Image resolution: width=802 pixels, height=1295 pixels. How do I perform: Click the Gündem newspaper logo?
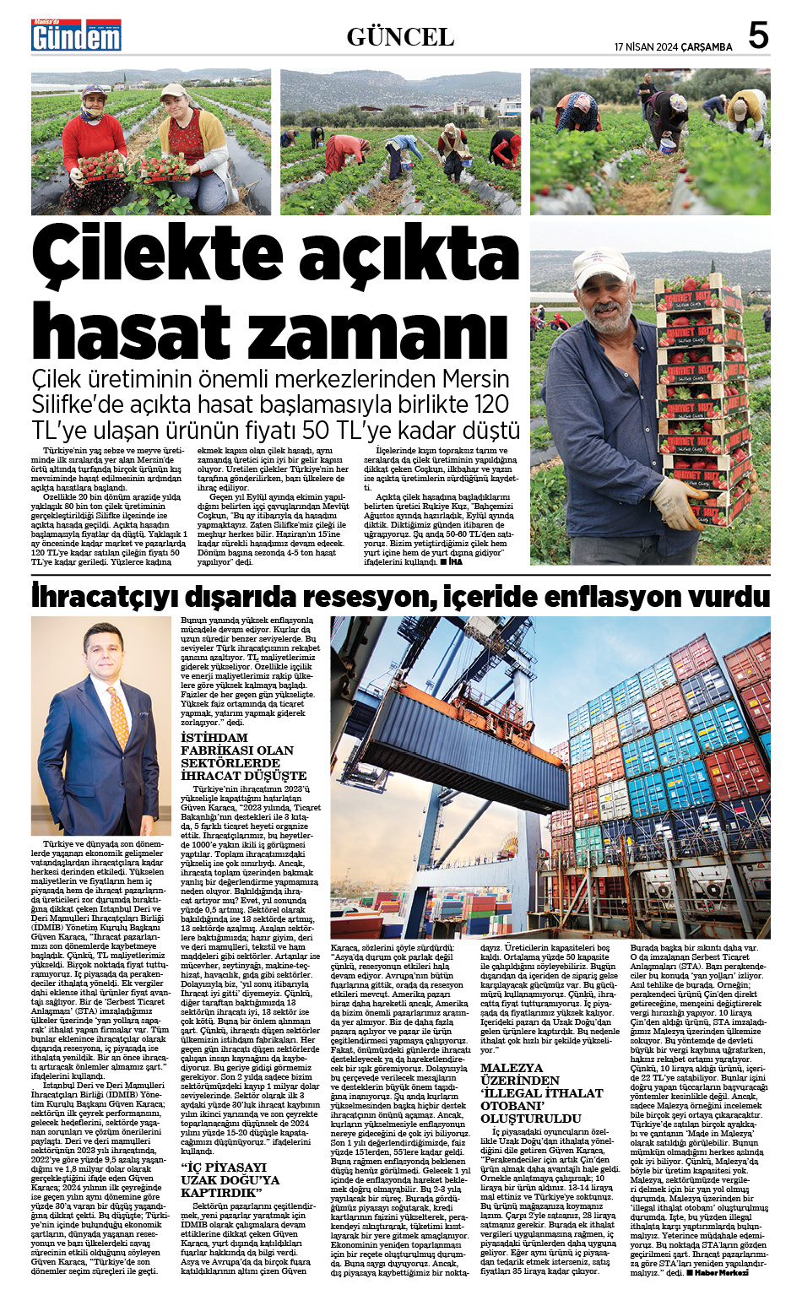click(x=76, y=35)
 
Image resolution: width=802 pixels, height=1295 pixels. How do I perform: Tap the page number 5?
click(x=758, y=36)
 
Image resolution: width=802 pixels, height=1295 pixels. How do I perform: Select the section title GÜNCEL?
click(x=400, y=37)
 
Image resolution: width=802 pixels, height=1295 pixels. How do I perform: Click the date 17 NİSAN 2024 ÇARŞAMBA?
click(x=673, y=47)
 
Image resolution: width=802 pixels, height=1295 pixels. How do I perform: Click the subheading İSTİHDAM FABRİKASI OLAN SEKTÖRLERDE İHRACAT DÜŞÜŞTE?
click(x=243, y=756)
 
